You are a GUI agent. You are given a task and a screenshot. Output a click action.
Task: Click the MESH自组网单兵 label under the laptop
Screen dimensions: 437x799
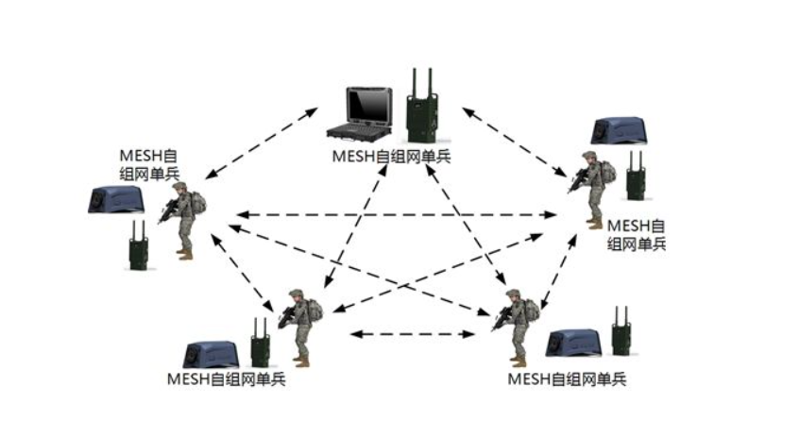[x=390, y=156]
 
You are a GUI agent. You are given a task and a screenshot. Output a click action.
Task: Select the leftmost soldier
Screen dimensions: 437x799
[x=182, y=220]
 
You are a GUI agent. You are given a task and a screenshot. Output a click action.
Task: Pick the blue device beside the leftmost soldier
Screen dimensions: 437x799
[x=115, y=198]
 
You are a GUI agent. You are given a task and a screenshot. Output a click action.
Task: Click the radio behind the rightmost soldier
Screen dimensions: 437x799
[x=637, y=176]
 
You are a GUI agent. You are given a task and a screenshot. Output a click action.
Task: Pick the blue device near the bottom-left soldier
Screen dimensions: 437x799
[x=211, y=353]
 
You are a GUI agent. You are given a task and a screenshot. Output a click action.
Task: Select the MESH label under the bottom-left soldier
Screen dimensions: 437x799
[x=226, y=379]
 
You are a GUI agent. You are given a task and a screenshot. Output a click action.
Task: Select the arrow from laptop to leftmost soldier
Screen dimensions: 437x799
[x=263, y=143]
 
